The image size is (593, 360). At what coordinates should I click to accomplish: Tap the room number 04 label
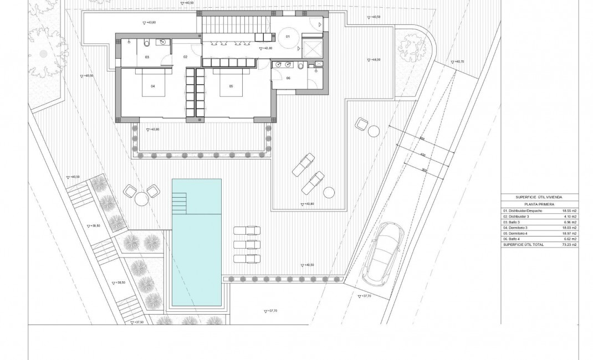tap(152, 86)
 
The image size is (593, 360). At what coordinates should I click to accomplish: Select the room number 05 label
tap(231, 86)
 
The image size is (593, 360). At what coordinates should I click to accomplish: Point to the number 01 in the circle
tap(288, 37)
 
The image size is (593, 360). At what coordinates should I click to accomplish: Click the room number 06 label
tap(288, 78)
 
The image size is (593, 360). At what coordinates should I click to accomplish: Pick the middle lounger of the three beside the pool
tap(247, 244)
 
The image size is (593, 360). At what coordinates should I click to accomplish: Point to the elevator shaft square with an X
tap(313, 48)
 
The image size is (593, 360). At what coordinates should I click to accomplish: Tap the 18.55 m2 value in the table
tap(570, 211)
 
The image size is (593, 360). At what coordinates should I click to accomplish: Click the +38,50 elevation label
tap(119, 282)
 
